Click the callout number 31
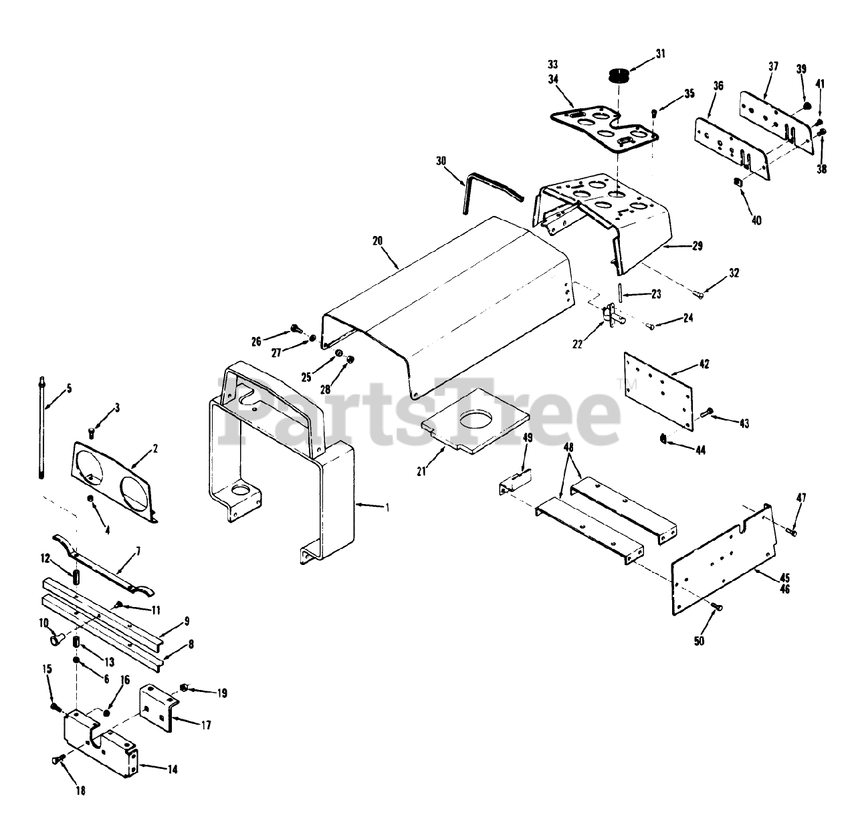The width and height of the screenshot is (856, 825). [x=660, y=54]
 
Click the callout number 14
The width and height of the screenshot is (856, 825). [x=172, y=770]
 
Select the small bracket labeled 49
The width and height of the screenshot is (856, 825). [x=515, y=481]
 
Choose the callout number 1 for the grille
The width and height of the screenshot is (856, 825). [x=387, y=507]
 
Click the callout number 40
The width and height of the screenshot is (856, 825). [x=756, y=220]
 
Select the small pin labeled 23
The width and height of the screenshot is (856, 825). [x=621, y=293]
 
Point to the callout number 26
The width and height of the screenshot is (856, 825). [x=256, y=342]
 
